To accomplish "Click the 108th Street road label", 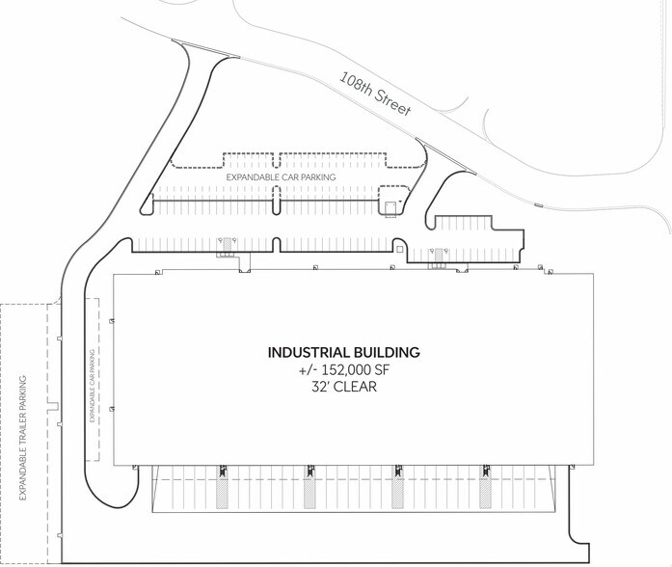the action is click(x=375, y=94).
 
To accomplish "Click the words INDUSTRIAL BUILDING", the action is click(x=344, y=352).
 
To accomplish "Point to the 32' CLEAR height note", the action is click(x=344, y=387).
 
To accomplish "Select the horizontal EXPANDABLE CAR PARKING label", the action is click(x=281, y=177).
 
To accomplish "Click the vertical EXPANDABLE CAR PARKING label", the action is click(x=93, y=386).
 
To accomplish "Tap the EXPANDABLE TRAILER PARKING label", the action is click(x=23, y=438).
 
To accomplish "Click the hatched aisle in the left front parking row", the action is click(x=227, y=244).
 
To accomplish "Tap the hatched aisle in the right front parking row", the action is click(x=439, y=255).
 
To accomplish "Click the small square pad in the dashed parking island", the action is click(x=390, y=207).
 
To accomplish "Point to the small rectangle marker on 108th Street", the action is click(x=538, y=204).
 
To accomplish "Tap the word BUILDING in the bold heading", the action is click(x=387, y=352).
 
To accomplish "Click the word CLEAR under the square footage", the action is click(x=356, y=387).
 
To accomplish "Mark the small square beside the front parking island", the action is click(x=400, y=249).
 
